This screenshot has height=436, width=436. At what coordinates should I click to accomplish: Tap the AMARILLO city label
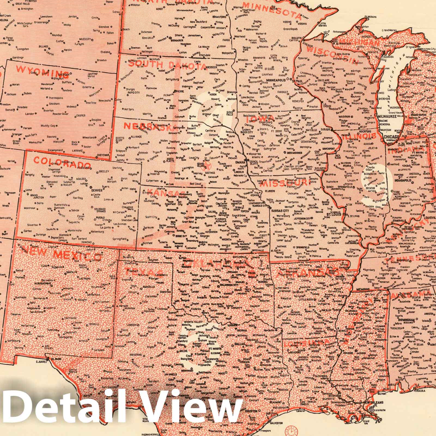pos(148,287)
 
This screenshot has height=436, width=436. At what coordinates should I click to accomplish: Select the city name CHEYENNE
pos(102,155)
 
